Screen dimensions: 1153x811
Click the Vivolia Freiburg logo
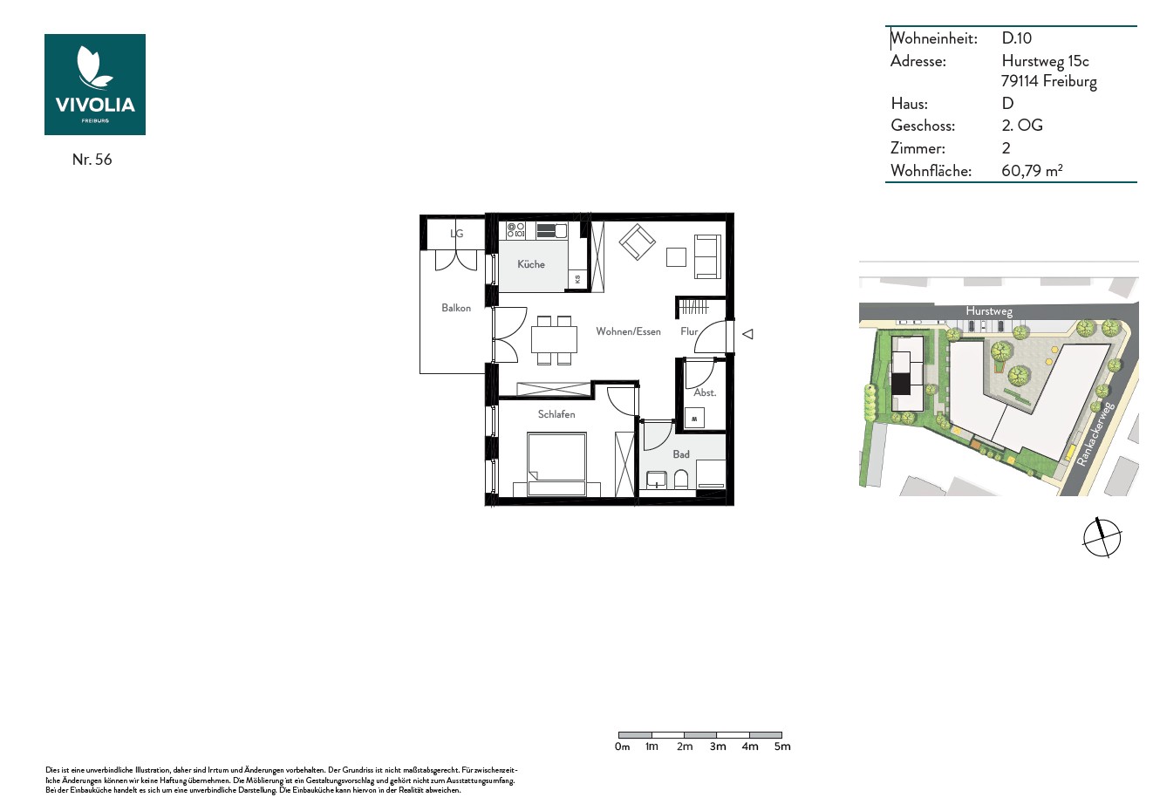click(95, 85)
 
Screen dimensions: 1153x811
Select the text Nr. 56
click(92, 160)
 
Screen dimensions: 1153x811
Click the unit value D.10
click(1017, 38)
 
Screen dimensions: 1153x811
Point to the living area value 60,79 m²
click(1032, 170)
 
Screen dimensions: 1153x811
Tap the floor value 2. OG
click(1022, 125)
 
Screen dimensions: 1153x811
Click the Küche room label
click(531, 264)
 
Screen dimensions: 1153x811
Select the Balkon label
click(456, 308)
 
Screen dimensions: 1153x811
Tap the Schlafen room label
click(556, 414)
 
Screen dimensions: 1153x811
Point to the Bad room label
click(681, 454)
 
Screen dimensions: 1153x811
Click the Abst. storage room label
click(705, 392)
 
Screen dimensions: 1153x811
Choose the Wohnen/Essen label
click(629, 331)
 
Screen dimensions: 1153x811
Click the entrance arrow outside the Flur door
click(748, 335)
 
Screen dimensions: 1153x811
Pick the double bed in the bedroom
click(557, 464)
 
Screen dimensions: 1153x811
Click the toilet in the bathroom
click(681, 479)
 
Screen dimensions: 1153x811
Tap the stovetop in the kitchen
click(515, 230)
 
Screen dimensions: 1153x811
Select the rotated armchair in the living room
click(638, 242)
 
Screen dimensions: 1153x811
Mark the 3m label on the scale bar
click(718, 746)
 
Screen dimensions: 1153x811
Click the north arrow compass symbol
click(1102, 538)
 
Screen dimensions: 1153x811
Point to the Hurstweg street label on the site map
click(989, 311)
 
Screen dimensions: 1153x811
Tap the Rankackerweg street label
click(1095, 434)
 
